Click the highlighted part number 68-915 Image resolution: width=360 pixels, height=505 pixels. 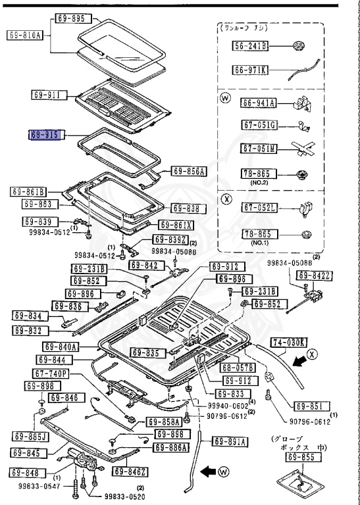[x=44, y=135]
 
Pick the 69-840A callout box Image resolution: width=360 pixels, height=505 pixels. [x=61, y=347]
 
